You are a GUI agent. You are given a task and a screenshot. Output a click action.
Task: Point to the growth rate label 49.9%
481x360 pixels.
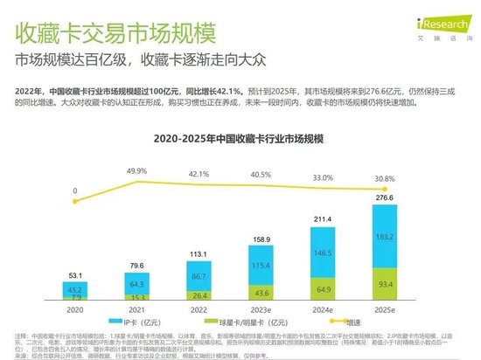[x=136, y=171]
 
